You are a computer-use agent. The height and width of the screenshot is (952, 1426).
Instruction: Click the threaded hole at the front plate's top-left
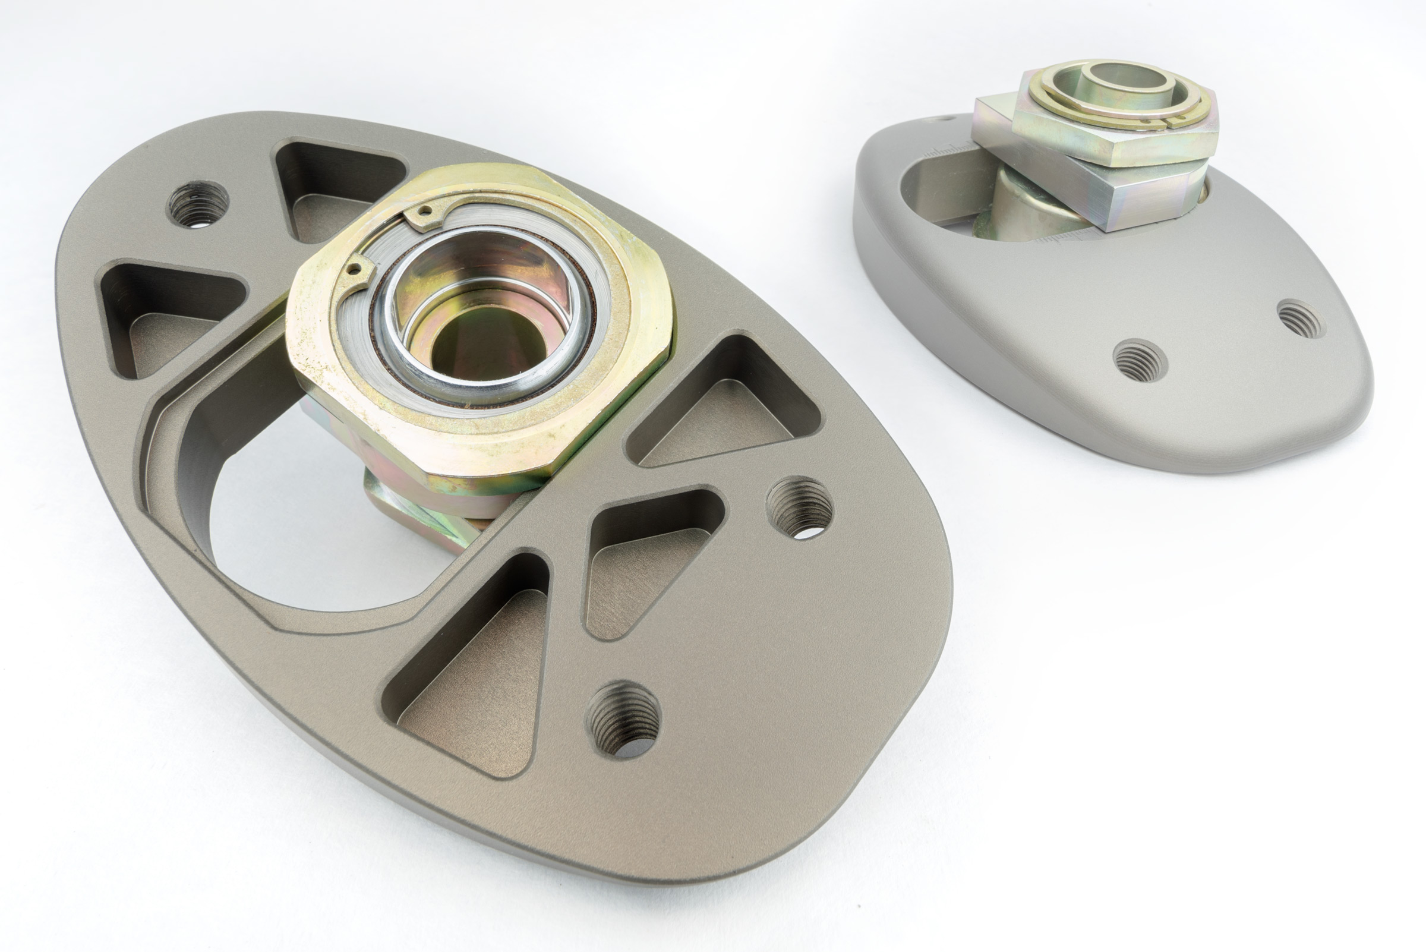pyautogui.click(x=197, y=204)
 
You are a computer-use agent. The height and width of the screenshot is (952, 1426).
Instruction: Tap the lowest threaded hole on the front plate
pyautogui.click(x=623, y=719)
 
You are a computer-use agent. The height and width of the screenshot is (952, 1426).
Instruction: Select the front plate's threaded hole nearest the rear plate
pyautogui.click(x=799, y=508)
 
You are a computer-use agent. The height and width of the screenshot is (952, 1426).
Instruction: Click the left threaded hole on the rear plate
pyautogui.click(x=1140, y=360)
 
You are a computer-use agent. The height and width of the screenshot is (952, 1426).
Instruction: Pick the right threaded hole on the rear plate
pyautogui.click(x=1301, y=320)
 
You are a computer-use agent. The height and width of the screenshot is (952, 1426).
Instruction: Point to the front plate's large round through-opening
pyautogui.click(x=316, y=547)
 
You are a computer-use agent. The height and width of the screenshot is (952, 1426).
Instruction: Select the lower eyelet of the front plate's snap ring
pyautogui.click(x=356, y=268)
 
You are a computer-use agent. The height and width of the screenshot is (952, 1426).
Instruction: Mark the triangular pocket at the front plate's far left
pyautogui.click(x=167, y=316)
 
